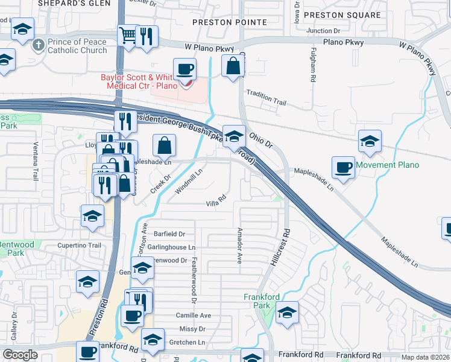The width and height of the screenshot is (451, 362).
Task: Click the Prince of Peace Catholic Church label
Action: [x=77, y=46]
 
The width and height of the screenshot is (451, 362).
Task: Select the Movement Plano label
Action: [x=387, y=165]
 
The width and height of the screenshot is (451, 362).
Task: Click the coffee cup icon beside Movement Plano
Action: [x=343, y=167]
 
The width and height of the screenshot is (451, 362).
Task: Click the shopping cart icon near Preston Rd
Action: [x=128, y=34]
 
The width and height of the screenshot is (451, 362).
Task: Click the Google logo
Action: [x=20, y=355]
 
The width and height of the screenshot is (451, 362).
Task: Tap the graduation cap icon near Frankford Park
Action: [x=288, y=313]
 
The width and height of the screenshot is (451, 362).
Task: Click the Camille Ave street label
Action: [x=193, y=316]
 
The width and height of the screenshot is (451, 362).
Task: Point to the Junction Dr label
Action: [x=323, y=30]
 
